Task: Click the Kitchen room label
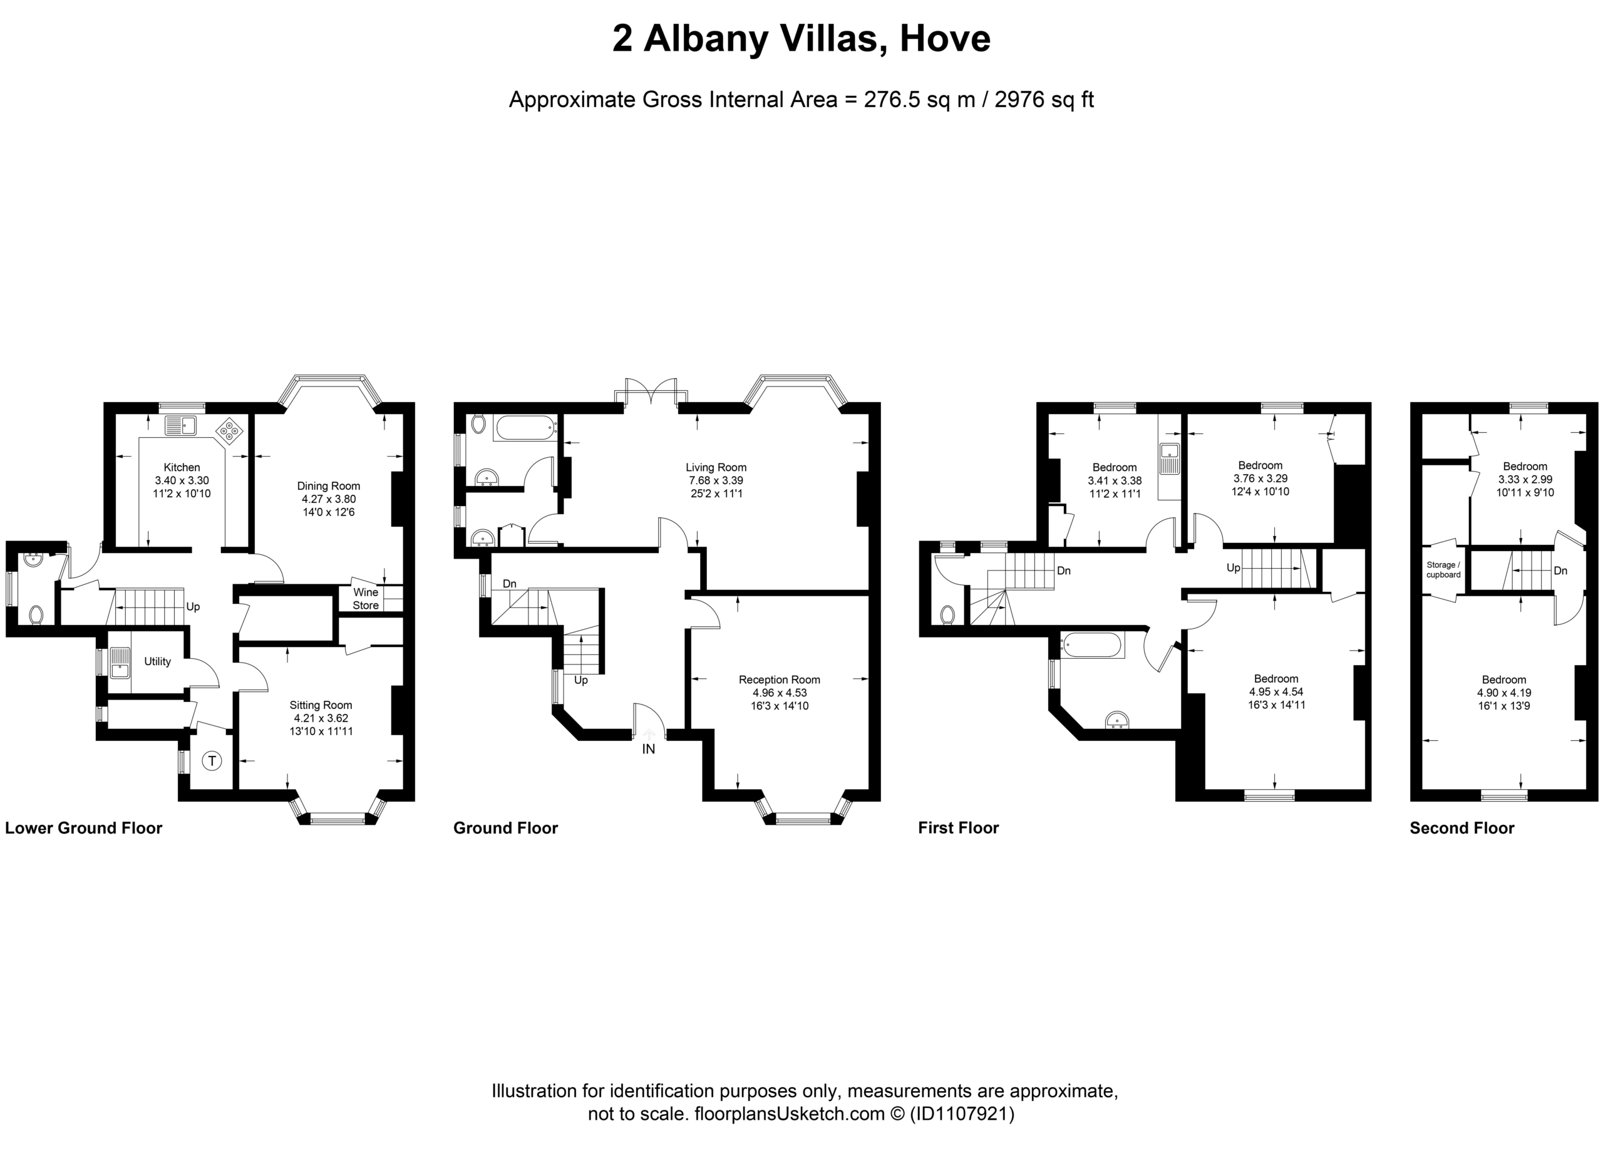coord(182,467)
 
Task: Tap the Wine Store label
coord(366,599)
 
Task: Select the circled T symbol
coord(212,762)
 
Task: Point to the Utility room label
coord(157,662)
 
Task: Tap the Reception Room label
coord(780,680)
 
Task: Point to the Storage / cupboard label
coord(1443,570)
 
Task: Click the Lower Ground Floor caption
coord(83,829)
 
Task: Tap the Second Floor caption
coord(1461,829)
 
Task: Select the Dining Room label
coord(329,487)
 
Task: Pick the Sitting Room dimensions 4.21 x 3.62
coord(321,718)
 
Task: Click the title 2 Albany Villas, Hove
coord(801,38)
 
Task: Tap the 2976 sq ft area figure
coord(1044,100)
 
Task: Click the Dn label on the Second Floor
coord(1560,571)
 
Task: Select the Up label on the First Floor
coord(1234,567)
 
